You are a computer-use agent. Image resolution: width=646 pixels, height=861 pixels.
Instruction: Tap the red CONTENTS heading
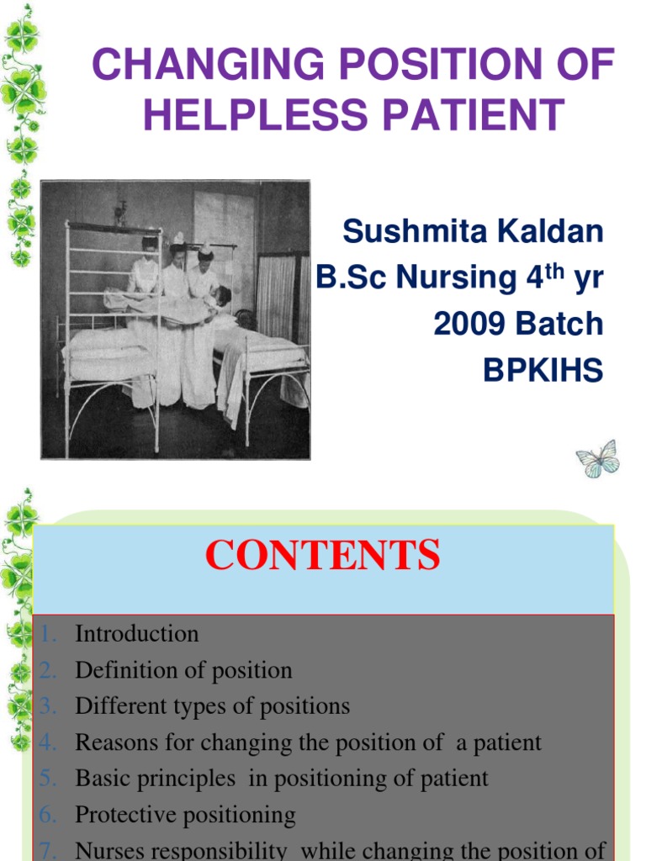pyautogui.click(x=323, y=556)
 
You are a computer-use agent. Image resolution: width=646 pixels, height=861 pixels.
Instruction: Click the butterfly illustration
pyautogui.click(x=598, y=459)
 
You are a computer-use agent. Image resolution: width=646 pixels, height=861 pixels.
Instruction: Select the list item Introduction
pyautogui.click(x=137, y=634)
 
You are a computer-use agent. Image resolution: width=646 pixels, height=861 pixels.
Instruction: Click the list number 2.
pyautogui.click(x=47, y=670)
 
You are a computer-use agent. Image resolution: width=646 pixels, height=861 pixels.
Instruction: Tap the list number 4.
pyautogui.click(x=47, y=742)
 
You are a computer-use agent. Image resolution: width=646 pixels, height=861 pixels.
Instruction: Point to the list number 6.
pyautogui.click(x=47, y=815)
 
